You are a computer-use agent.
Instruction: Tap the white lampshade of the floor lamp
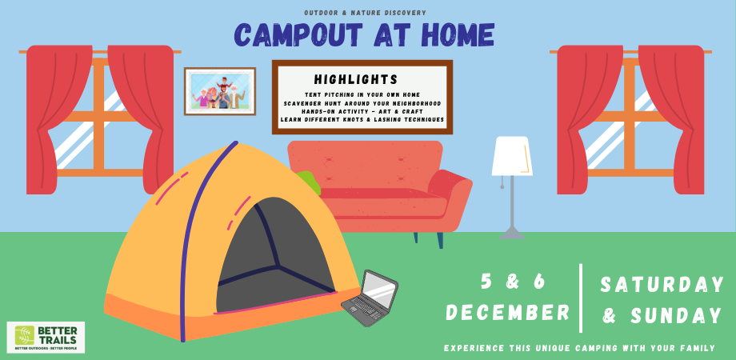[511, 155]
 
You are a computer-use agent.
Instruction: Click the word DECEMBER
[507, 312]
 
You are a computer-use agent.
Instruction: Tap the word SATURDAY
[662, 284]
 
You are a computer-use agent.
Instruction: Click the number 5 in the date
[486, 281]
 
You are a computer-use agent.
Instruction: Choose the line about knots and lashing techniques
[362, 120]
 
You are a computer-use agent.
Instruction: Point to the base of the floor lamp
[511, 234]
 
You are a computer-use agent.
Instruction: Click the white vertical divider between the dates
[581, 297]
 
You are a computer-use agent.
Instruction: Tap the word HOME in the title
[455, 35]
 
